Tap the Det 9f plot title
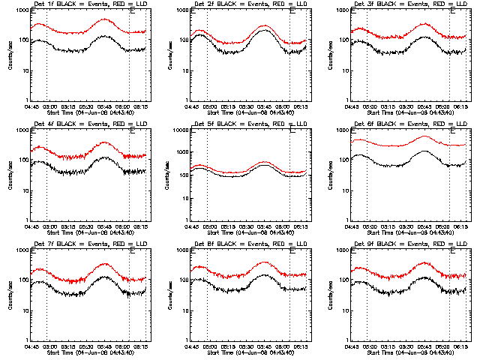(x=407, y=245)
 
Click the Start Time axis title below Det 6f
(x=408, y=232)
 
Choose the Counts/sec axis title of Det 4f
(x=10, y=175)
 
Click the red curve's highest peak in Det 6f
(x=425, y=136)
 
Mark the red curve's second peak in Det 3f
(x=425, y=24)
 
